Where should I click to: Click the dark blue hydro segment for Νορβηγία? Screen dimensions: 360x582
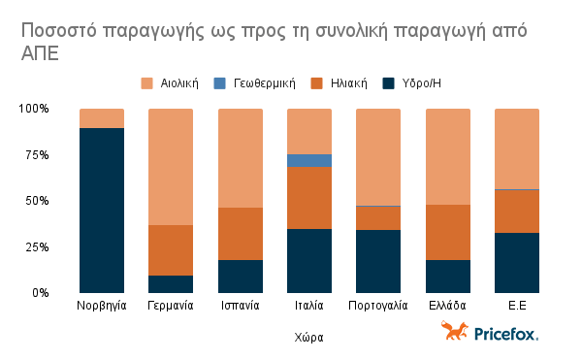click(102, 210)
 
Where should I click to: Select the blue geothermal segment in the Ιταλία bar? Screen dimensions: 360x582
click(309, 160)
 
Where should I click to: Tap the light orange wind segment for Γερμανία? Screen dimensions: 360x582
click(171, 167)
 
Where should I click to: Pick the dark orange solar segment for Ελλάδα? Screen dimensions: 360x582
click(448, 232)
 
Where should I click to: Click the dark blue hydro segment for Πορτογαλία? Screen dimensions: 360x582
click(378, 261)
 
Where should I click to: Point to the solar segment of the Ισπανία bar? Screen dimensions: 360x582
click(240, 234)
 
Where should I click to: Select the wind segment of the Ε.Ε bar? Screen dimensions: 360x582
click(517, 148)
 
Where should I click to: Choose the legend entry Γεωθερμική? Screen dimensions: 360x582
click(255, 83)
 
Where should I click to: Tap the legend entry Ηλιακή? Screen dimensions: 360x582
click(340, 83)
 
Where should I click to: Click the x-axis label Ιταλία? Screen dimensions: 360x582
click(309, 306)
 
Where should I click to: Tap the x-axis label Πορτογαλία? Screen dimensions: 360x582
click(378, 306)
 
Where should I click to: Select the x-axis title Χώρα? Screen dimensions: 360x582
click(308, 338)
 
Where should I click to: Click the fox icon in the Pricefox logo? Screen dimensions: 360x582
click(454, 332)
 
